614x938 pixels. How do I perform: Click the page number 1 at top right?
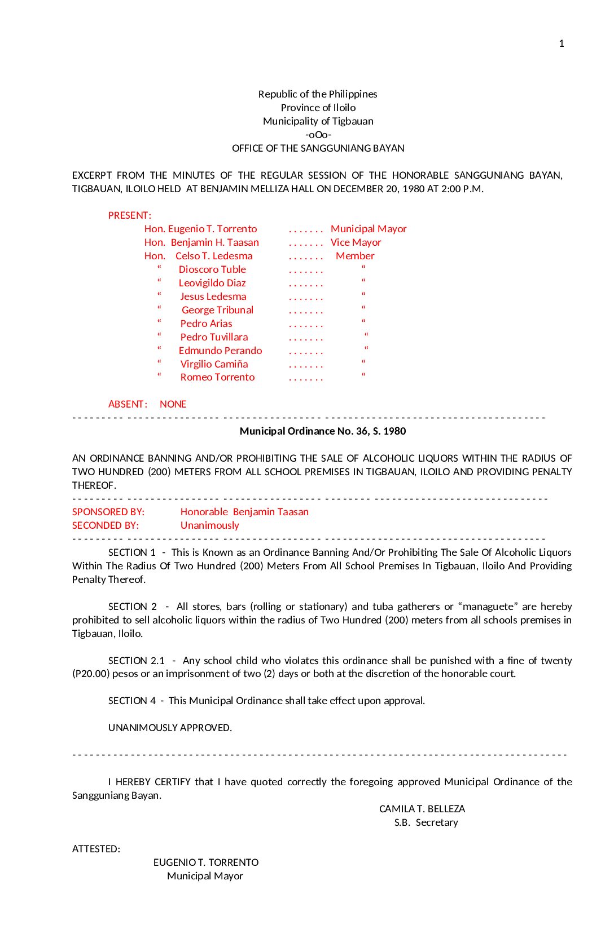[x=561, y=43]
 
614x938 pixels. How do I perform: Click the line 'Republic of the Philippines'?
[x=318, y=94]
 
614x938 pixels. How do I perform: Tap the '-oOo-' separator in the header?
[x=318, y=135]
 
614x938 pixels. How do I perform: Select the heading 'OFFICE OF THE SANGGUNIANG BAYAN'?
[x=318, y=148]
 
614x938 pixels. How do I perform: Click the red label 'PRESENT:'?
[x=129, y=215]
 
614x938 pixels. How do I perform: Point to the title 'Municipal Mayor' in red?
[x=369, y=229]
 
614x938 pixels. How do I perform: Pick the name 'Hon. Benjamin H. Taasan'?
[x=201, y=242]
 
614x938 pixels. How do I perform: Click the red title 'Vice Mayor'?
[x=356, y=242]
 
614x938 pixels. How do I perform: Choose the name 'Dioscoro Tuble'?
[x=212, y=269]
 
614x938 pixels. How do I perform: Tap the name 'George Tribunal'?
[x=217, y=310]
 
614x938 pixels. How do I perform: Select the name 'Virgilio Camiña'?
[x=214, y=364]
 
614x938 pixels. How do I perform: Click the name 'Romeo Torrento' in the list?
[x=217, y=377]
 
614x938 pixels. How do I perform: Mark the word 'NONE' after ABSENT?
[x=173, y=404]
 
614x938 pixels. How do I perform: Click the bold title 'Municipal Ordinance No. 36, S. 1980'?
[x=323, y=431]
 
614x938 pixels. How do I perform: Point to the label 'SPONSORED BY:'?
[x=108, y=512]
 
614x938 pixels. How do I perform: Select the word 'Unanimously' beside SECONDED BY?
[x=209, y=525]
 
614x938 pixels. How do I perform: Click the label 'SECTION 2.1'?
[x=137, y=661]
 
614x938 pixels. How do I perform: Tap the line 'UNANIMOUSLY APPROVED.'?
[x=170, y=728]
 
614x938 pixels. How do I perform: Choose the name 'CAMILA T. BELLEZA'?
[x=422, y=809]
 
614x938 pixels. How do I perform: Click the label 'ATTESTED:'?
[x=96, y=849]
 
